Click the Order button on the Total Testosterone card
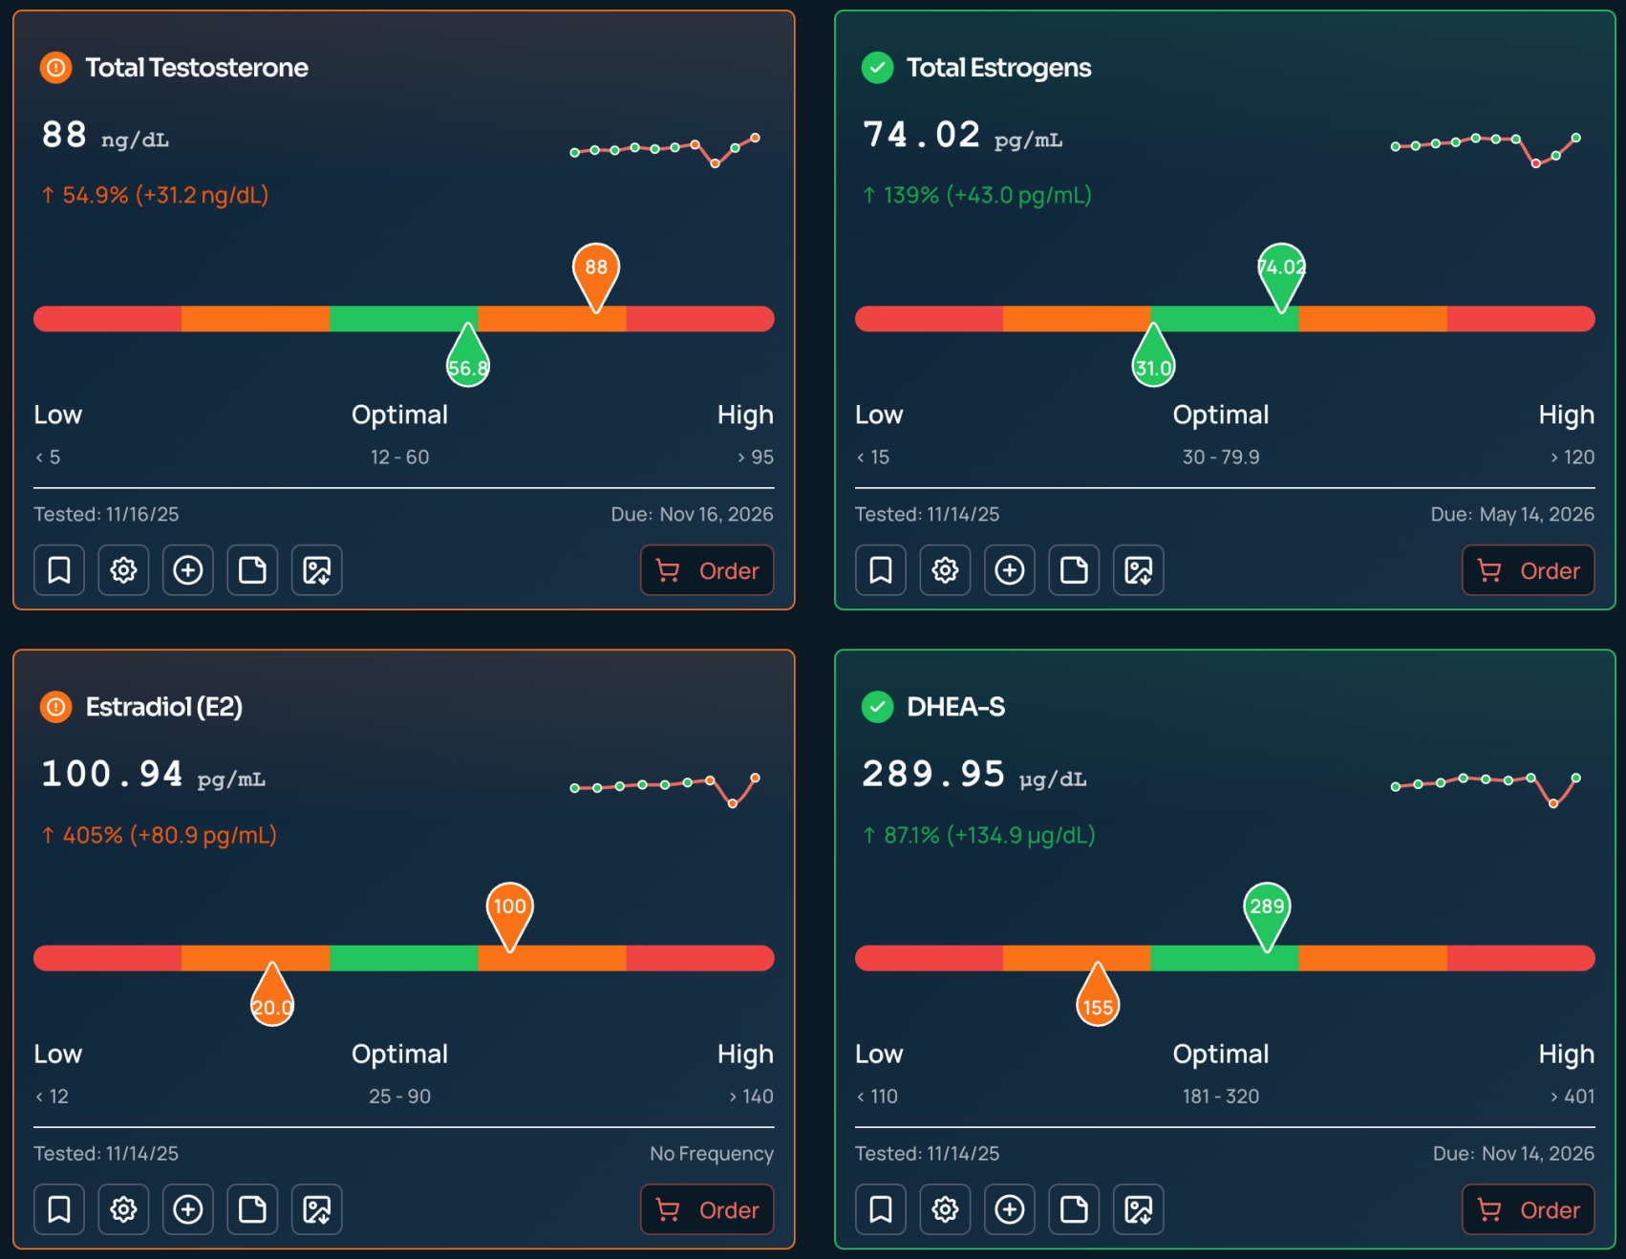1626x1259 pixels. pyautogui.click(x=707, y=570)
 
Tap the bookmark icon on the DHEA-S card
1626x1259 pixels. pyautogui.click(x=880, y=1209)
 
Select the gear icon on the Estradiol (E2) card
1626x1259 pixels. pyautogui.click(x=123, y=1209)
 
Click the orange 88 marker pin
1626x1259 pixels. pyautogui.click(x=596, y=270)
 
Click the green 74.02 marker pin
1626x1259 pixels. pyautogui.click(x=1281, y=270)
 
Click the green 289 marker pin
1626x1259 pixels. pyautogui.click(x=1267, y=909)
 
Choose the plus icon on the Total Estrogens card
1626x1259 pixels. pyautogui.click(x=1010, y=570)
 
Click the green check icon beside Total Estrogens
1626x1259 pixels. pyautogui.click(x=877, y=68)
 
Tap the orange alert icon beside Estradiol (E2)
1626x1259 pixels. pyautogui.click(x=56, y=707)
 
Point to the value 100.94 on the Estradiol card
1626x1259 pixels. pyautogui.click(x=112, y=774)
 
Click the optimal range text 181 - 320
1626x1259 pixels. pyautogui.click(x=1220, y=1096)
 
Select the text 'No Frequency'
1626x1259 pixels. pyautogui.click(x=711, y=1153)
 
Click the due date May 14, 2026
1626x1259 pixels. pyautogui.click(x=1536, y=514)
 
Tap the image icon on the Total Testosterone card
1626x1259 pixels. pyautogui.click(x=316, y=570)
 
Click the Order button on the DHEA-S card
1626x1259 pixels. pyautogui.click(x=1528, y=1209)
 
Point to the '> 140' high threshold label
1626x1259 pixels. pyautogui.click(x=751, y=1096)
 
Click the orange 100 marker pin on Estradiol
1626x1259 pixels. pyautogui.click(x=509, y=909)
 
